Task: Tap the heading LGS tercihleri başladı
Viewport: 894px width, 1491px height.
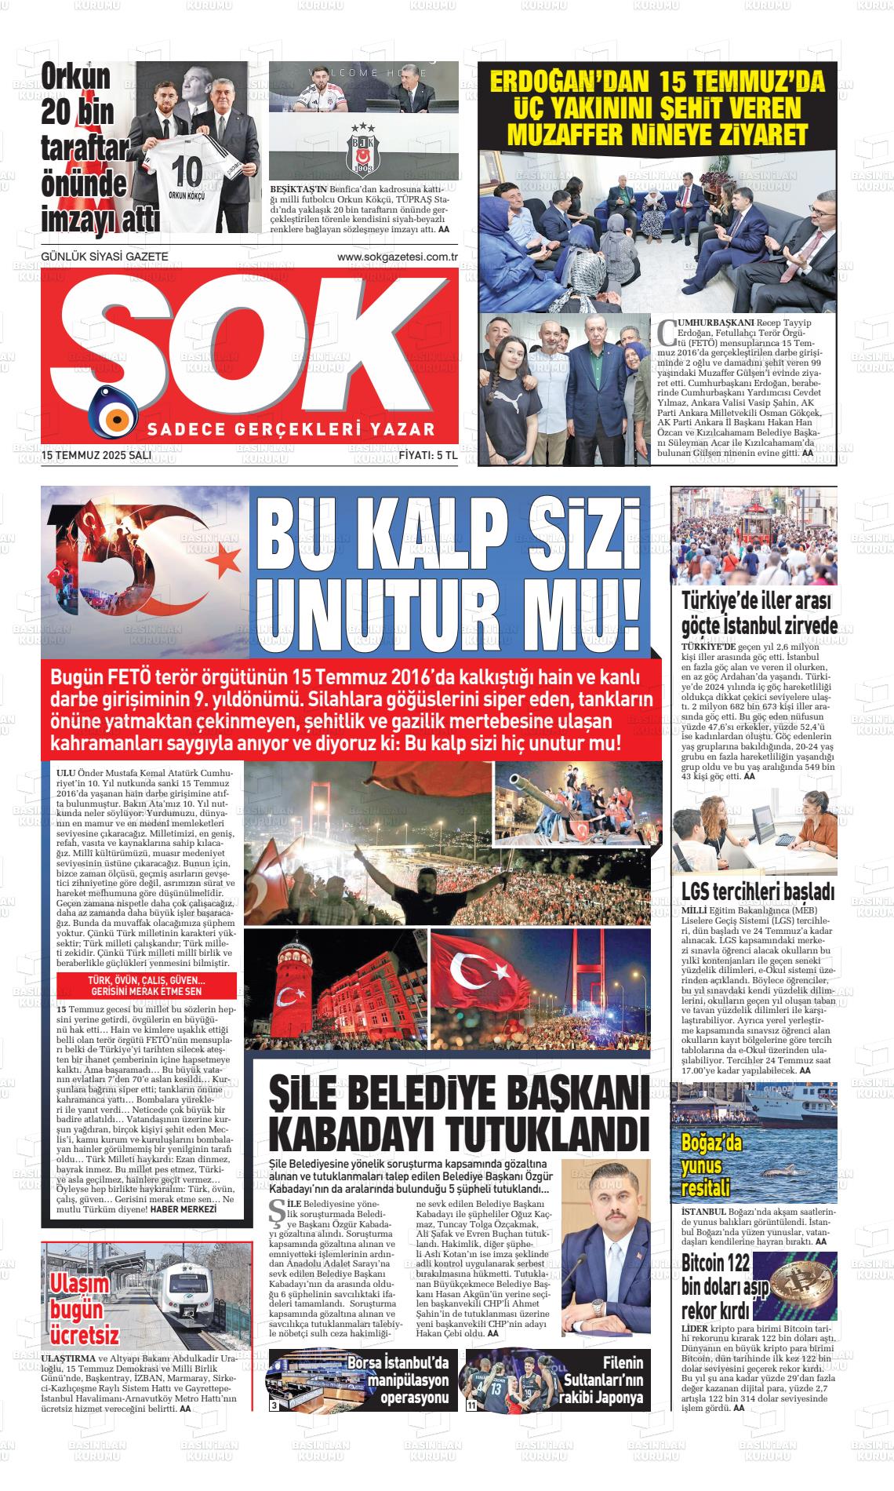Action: pyautogui.click(x=757, y=891)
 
